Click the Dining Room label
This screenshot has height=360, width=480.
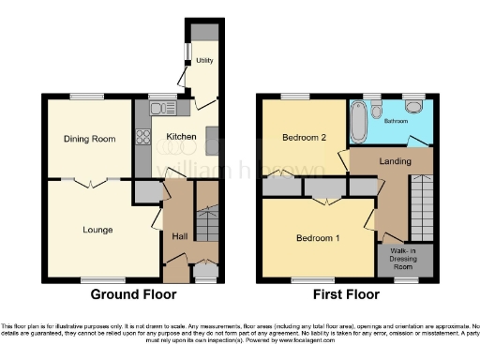click(x=90, y=138)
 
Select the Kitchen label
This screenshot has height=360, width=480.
click(x=181, y=137)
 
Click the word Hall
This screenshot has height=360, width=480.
click(x=178, y=235)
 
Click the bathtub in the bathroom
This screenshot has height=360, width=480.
click(x=359, y=120)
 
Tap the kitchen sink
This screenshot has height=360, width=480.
click(x=157, y=107)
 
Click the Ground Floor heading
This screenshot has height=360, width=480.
click(x=133, y=294)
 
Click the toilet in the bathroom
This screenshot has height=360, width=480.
click(x=375, y=111)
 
